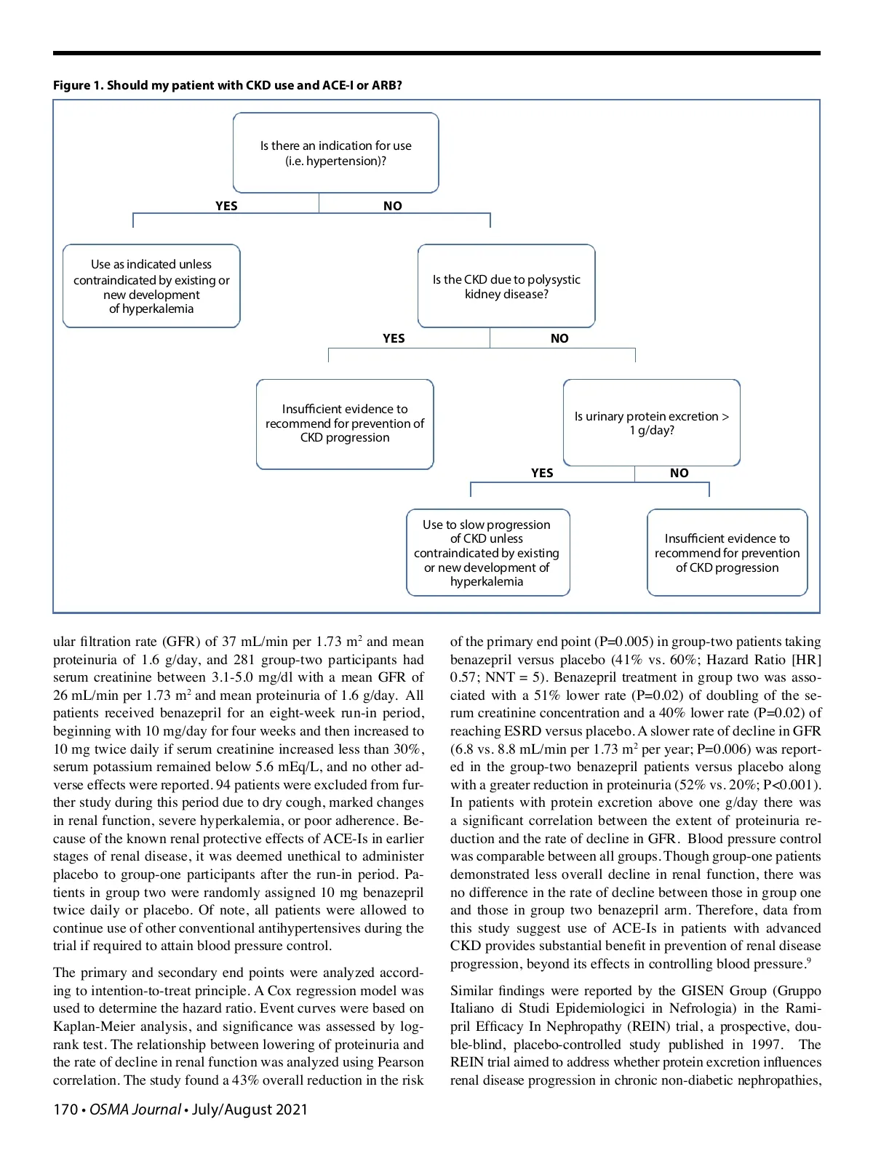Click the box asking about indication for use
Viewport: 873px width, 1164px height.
[335, 153]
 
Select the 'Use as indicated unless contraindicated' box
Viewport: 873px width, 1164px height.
[151, 286]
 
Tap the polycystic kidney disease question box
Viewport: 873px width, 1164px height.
[506, 287]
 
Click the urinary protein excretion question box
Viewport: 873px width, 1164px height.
[651, 423]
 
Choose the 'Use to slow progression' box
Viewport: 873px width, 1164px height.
[487, 552]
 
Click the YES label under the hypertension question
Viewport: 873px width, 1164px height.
[226, 206]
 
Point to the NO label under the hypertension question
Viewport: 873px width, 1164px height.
[393, 206]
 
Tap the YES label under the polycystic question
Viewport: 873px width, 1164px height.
[394, 338]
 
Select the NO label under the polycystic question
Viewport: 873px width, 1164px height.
[559, 338]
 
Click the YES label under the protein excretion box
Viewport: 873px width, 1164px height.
[542, 473]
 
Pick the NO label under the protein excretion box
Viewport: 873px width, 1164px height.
[679, 473]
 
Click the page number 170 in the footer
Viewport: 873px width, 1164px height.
[65, 1109]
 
